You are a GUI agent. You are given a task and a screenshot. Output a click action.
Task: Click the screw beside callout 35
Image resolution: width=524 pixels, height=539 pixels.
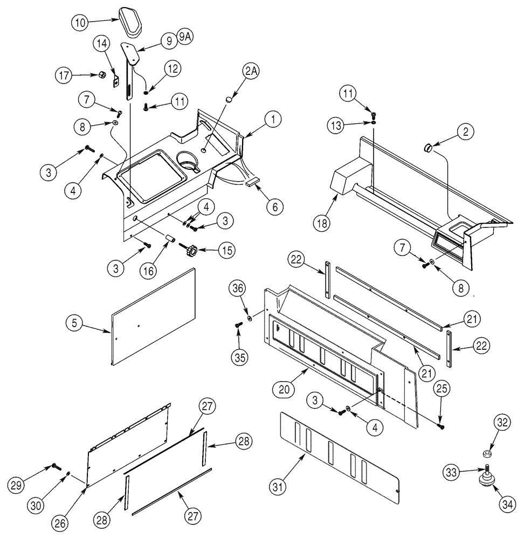tap(238, 325)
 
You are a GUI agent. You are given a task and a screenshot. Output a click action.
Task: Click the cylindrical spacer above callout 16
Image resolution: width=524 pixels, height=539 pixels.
tap(169, 238)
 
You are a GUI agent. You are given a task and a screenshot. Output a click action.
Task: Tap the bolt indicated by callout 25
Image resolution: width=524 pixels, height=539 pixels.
tap(442, 426)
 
